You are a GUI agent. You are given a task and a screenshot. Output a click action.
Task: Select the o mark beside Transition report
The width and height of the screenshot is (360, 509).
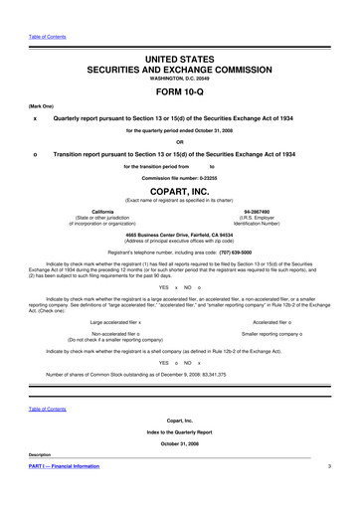click(35, 153)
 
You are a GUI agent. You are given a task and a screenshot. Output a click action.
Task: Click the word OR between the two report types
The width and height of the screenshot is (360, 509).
click(179, 140)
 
